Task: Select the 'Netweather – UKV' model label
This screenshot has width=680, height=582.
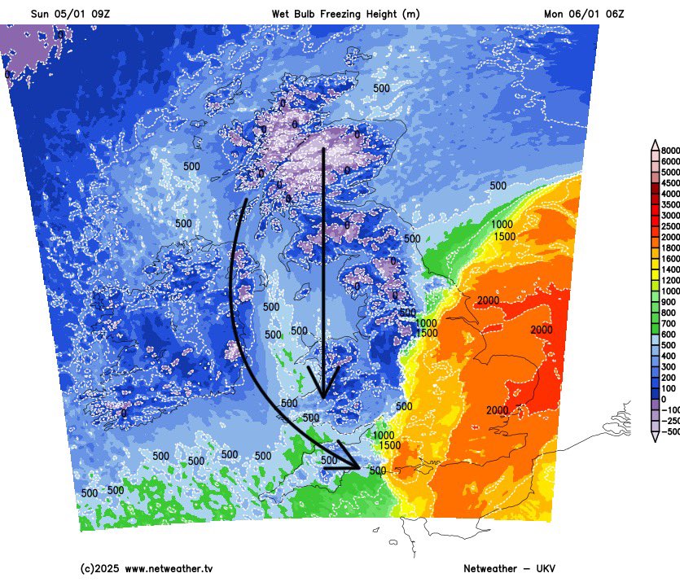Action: tap(509, 568)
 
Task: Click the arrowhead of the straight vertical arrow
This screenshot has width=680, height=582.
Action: tap(323, 392)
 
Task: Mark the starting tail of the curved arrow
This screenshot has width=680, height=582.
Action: tap(246, 199)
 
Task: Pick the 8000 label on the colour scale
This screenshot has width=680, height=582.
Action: tap(670, 151)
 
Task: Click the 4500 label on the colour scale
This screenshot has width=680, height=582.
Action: tap(670, 184)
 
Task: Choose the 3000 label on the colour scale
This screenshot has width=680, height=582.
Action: tap(670, 216)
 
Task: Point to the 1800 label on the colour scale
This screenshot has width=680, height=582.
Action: tap(670, 248)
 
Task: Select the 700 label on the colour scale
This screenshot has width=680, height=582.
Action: tap(669, 323)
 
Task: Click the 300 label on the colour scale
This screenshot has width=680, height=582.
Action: tap(669, 366)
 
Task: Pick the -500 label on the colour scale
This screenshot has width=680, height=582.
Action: tap(670, 431)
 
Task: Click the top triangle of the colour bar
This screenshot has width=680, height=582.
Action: tap(654, 146)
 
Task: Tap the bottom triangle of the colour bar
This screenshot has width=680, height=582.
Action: tap(654, 436)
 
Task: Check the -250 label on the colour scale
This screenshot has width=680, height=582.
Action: tap(670, 420)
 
